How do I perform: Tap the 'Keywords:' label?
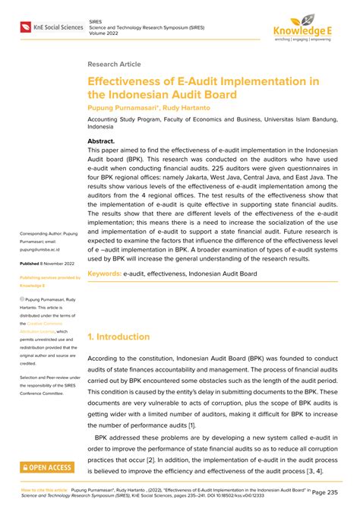click(104, 273)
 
